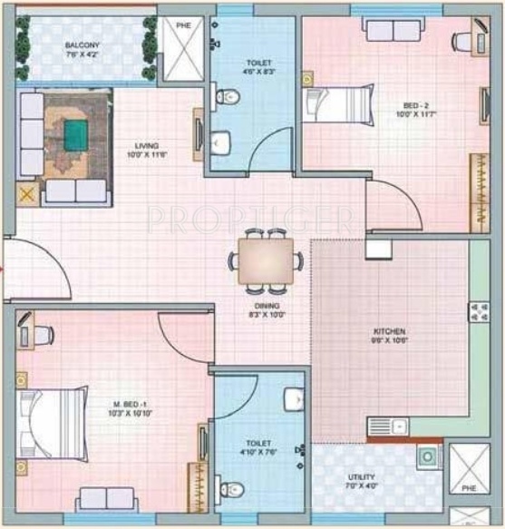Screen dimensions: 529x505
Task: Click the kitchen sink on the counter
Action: click(388, 426)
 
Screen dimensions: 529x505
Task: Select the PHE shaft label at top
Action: click(183, 25)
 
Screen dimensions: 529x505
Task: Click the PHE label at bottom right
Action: click(470, 512)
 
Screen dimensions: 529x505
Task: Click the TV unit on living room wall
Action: click(197, 134)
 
